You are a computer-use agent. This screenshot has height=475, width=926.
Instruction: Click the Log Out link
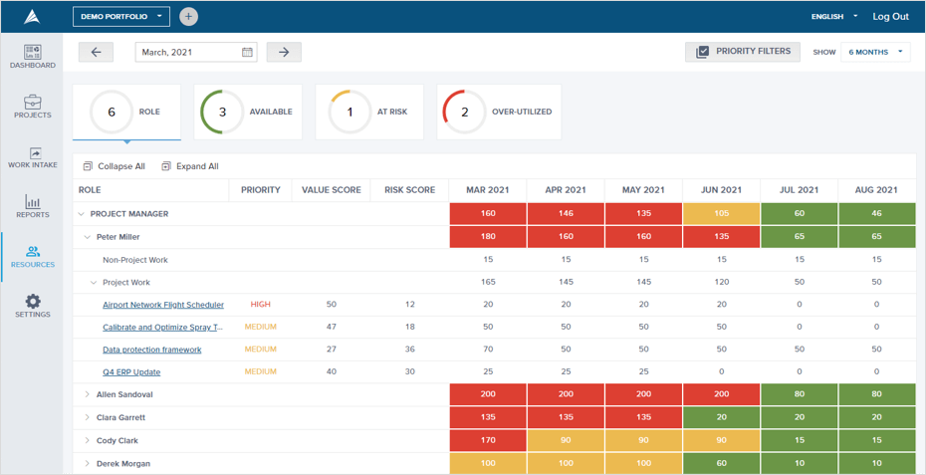(x=890, y=16)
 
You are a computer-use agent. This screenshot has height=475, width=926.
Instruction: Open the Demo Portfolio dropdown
(x=120, y=17)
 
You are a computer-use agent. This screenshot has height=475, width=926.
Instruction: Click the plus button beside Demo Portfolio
(x=188, y=17)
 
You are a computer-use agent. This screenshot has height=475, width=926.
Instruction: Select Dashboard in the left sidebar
(x=32, y=56)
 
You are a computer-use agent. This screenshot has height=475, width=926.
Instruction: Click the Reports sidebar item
(x=32, y=206)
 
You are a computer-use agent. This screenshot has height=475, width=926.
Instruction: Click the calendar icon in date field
(x=247, y=52)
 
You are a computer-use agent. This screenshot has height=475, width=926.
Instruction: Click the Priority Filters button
(x=743, y=52)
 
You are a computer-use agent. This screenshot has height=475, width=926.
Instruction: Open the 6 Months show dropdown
(x=875, y=52)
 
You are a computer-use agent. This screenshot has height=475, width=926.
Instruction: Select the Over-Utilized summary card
(x=499, y=112)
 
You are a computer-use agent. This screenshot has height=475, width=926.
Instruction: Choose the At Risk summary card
(x=369, y=112)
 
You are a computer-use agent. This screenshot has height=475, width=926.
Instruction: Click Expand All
(x=190, y=166)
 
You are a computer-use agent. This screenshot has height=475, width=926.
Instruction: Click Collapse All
(x=114, y=166)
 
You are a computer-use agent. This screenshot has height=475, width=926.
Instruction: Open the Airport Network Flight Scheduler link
(x=163, y=305)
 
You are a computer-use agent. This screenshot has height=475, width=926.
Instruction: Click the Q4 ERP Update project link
(x=131, y=372)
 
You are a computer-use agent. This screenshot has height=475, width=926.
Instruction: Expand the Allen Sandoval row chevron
(x=88, y=395)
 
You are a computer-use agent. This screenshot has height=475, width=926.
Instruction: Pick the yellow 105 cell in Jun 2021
(x=721, y=213)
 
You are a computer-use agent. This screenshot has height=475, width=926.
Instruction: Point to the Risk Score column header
(x=409, y=189)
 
